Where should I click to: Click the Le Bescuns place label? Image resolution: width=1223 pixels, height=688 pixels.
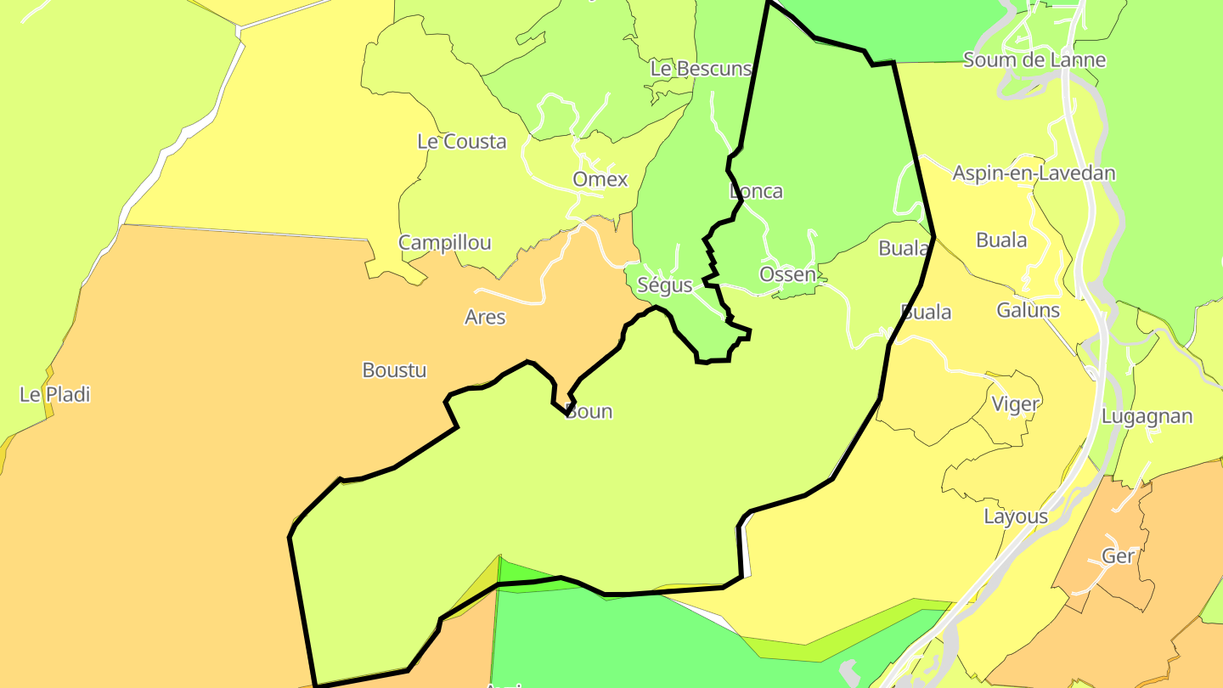pyautogui.click(x=701, y=69)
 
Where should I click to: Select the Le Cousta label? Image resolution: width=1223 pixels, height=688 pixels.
pyautogui.click(x=461, y=142)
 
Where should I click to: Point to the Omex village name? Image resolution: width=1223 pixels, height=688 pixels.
pyautogui.click(x=600, y=179)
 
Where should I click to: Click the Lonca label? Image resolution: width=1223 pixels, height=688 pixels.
pyautogui.click(x=756, y=191)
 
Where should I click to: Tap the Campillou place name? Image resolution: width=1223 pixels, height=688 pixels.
pyautogui.click(x=444, y=243)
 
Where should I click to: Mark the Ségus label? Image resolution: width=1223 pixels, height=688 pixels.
pyautogui.click(x=664, y=285)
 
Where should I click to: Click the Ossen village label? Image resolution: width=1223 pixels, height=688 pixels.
pyautogui.click(x=786, y=274)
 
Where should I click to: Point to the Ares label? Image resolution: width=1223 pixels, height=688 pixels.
pyautogui.click(x=485, y=318)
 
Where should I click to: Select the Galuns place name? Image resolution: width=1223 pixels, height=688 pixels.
pyautogui.click(x=1028, y=310)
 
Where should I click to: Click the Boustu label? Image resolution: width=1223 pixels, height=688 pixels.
pyautogui.click(x=394, y=370)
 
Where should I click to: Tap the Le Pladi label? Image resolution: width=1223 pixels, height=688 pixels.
pyautogui.click(x=54, y=395)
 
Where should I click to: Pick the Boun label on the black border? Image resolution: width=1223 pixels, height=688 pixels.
pyautogui.click(x=589, y=412)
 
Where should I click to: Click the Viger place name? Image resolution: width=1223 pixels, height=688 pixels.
pyautogui.click(x=1016, y=404)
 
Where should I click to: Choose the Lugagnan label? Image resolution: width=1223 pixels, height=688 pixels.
pyautogui.click(x=1147, y=417)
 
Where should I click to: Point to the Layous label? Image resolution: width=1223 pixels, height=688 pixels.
pyautogui.click(x=1016, y=516)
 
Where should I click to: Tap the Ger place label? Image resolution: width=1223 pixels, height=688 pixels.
pyautogui.click(x=1118, y=556)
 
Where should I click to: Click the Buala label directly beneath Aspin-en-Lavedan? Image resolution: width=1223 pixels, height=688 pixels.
pyautogui.click(x=1001, y=240)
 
